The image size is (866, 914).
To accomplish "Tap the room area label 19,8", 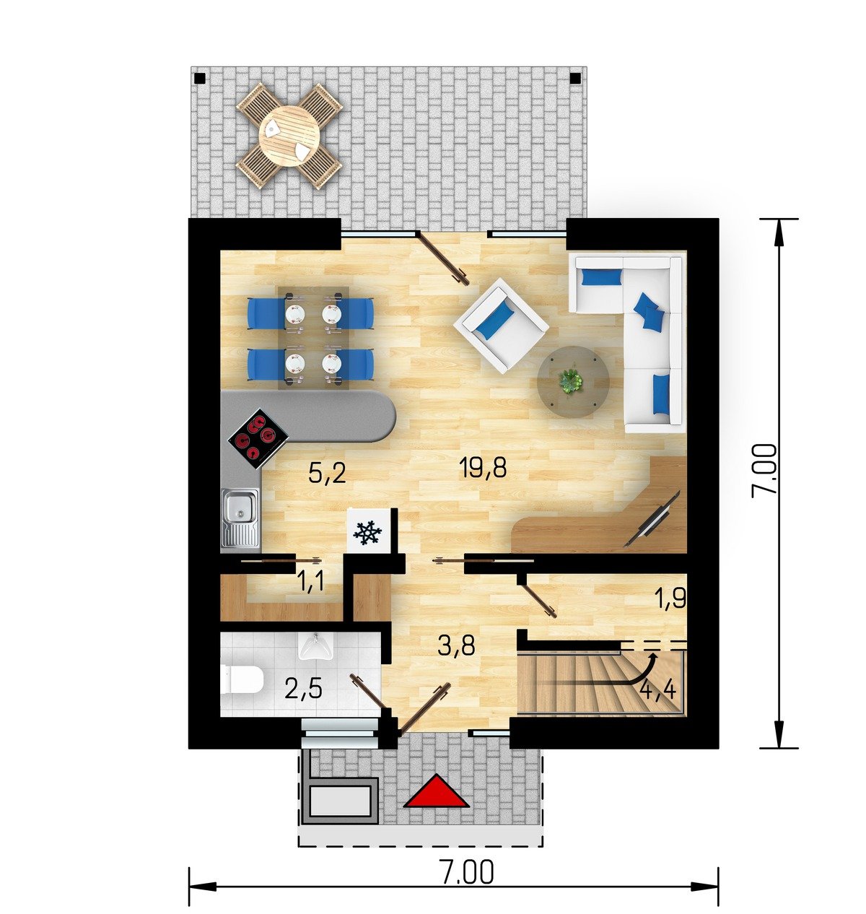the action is (x=482, y=467).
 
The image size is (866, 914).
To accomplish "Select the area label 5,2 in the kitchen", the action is (x=327, y=473).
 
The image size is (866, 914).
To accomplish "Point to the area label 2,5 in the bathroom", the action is (x=303, y=688).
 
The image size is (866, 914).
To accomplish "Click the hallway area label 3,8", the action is (x=457, y=645).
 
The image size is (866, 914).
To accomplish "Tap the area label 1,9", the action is (x=670, y=599).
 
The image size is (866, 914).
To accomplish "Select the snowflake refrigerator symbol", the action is (x=368, y=531).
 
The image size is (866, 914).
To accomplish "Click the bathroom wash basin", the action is (x=315, y=647).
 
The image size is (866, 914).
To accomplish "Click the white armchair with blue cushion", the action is (x=501, y=325).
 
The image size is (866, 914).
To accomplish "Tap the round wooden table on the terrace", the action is (x=289, y=136).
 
